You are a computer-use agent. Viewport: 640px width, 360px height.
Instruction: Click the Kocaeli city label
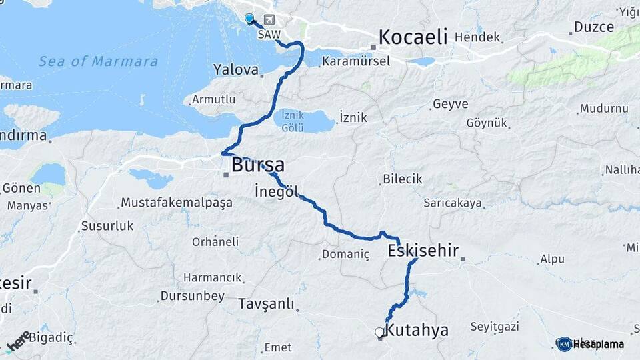[413, 37]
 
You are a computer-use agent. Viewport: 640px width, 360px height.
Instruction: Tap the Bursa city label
[258, 165]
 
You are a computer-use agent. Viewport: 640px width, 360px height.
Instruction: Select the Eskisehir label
[423, 251]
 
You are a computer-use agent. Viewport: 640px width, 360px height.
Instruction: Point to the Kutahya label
[417, 330]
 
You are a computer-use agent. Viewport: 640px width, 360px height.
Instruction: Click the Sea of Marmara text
[98, 62]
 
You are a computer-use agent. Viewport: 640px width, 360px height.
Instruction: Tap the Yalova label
[235, 69]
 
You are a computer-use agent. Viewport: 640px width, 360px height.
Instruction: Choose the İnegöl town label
[276, 191]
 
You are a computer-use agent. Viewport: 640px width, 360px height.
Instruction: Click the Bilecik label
[403, 179]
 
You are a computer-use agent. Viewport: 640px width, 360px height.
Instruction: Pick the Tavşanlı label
[266, 304]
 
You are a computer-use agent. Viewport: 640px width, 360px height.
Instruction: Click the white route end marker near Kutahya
[379, 332]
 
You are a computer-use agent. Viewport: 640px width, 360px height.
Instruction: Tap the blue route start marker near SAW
[249, 19]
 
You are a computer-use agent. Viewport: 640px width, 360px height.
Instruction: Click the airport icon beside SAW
[269, 19]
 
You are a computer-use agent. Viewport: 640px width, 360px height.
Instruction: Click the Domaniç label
[345, 254]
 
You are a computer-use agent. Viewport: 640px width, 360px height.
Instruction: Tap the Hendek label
[477, 37]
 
